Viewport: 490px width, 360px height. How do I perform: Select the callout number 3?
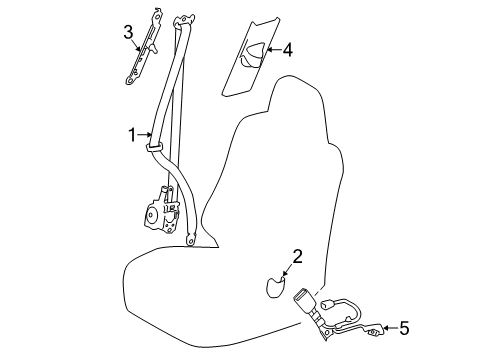coord(129,36)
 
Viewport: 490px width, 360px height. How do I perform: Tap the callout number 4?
coord(287,48)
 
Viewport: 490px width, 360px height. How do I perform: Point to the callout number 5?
coord(404,327)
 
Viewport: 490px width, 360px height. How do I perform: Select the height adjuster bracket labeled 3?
coord(147,49)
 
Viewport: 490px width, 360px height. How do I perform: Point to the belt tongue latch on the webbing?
coord(158,146)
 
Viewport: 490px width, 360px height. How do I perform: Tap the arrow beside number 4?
coord(270,49)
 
